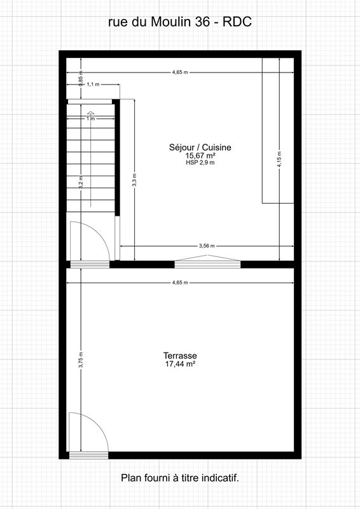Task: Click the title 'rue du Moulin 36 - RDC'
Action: (180, 22)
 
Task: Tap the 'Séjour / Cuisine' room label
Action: (200, 147)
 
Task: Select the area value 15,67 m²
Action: (200, 155)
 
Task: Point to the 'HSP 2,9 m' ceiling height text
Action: (200, 163)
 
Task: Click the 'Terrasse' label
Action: (180, 356)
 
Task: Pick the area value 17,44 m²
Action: (180, 364)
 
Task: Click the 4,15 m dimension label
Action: (279, 158)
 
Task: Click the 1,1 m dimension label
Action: (92, 84)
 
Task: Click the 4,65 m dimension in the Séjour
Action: (180, 73)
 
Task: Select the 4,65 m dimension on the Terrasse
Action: (180, 282)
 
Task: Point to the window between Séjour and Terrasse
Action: (207, 260)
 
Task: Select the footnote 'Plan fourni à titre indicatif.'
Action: (180, 477)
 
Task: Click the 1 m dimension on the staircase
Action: (91, 118)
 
